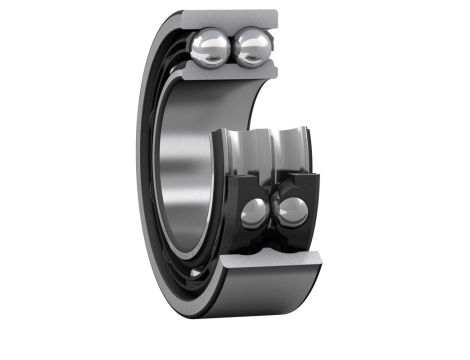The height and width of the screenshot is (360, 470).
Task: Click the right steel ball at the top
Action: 253,46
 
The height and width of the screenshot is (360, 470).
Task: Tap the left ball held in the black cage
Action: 256,212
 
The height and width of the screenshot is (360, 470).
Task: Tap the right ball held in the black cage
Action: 293,210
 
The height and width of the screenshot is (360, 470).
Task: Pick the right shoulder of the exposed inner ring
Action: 309,150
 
